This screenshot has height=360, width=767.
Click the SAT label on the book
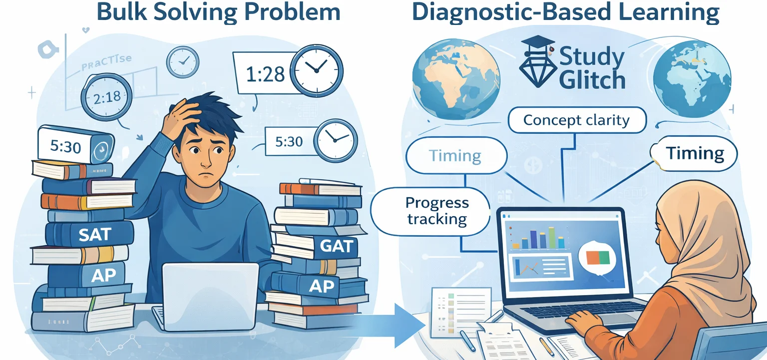94,234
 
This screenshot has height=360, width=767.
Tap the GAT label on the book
337,246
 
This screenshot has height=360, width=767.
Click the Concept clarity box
576,120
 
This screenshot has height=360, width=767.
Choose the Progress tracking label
437,211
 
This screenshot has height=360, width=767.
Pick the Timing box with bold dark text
695,153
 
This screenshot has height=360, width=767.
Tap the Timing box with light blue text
455,156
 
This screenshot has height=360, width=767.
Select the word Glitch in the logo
592,80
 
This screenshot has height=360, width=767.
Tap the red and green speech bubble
598,258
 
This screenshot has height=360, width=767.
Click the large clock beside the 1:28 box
317,70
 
